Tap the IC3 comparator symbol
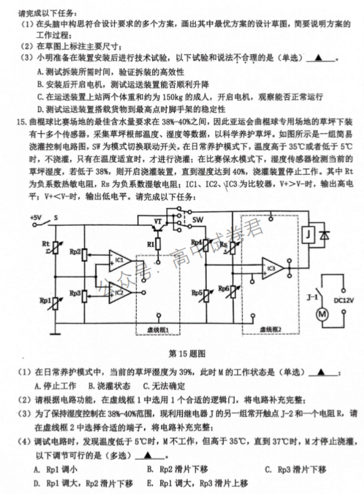pyautogui.click(x=272, y=268)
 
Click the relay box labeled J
pyautogui.click(x=309, y=234)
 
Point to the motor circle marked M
pyautogui.click(x=322, y=314)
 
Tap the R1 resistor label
pyautogui.click(x=150, y=244)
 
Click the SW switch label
pyautogui.click(x=198, y=220)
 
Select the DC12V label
pyautogui.click(x=344, y=300)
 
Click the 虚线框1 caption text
pyautogui.click(x=158, y=330)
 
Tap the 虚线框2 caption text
pyautogui.click(x=270, y=330)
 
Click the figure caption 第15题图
pyautogui.click(x=187, y=354)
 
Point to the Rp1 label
pyautogui.click(x=45, y=300)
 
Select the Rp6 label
pyautogui.click(x=224, y=288)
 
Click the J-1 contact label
pyautogui.click(x=312, y=297)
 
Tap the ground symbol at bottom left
pyautogui.click(x=55, y=333)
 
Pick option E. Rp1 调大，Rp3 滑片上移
pyautogui.click(x=198, y=483)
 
